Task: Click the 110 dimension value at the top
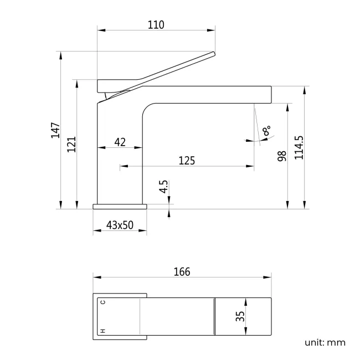[156, 25]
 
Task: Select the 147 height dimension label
[55, 131]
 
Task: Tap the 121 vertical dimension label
[71, 144]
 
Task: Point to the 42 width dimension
[120, 142]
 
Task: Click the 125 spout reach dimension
[187, 161]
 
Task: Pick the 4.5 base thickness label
[163, 187]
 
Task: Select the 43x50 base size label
[120, 225]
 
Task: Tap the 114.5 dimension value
[299, 148]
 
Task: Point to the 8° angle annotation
[267, 131]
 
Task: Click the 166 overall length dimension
[182, 271]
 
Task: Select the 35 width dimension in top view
[240, 316]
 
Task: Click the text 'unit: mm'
[325, 342]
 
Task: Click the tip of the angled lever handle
[213, 54]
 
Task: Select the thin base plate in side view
[120, 207]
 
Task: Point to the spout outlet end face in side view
[271, 95]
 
